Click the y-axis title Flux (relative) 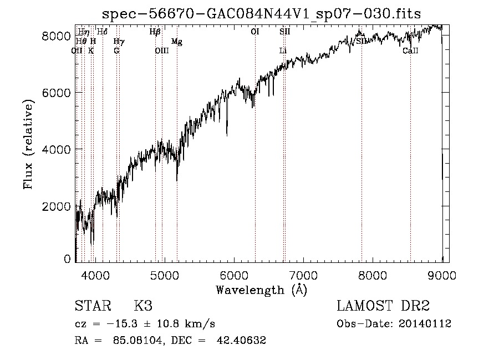tap(28, 144)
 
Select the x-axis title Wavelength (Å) tap(261, 290)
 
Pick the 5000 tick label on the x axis tap(164, 275)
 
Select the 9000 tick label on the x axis tap(442, 275)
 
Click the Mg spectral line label tap(176, 42)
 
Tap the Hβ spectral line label tap(155, 32)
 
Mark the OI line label tap(255, 32)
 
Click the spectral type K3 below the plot tap(143, 306)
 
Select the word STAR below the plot tap(91, 306)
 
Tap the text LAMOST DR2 tap(383, 306)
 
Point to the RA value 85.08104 tap(139, 341)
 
